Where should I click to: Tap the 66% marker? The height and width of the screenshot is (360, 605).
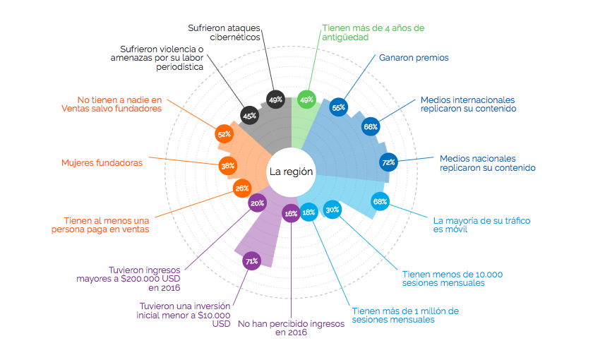point(370,127)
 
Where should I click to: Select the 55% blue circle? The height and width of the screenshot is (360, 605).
point(339,107)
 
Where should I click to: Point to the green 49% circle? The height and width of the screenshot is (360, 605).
point(307,100)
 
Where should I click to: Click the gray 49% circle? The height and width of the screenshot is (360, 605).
point(275,100)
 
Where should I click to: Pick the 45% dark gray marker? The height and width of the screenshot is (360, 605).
point(248,115)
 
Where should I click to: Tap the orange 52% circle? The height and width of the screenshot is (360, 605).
point(224,134)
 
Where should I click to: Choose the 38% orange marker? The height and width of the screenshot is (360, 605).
point(228,167)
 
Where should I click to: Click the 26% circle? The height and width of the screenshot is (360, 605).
point(241,188)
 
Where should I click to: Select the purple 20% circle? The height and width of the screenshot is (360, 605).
point(257,203)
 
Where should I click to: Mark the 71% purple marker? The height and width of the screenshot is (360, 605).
point(251,261)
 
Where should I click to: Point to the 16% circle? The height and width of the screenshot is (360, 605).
point(290,212)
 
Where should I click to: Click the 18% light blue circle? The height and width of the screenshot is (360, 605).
point(309,212)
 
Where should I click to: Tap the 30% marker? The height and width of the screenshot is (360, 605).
point(332,209)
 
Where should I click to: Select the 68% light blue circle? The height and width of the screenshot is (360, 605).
point(380,202)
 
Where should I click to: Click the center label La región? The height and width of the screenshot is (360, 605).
point(291,172)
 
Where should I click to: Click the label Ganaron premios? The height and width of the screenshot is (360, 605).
point(414,57)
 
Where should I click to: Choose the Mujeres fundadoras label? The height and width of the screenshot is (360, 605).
point(102,163)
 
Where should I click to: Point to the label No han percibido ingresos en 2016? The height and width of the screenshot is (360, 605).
point(291,328)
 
